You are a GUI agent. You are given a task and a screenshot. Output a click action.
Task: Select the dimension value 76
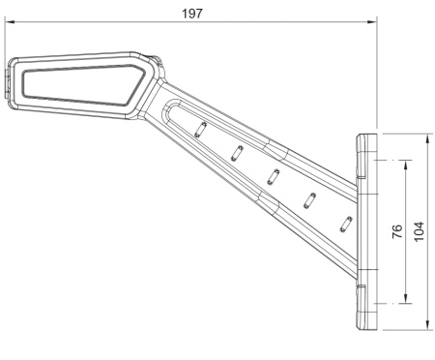(396, 232)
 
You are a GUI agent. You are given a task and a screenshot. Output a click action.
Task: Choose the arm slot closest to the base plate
(344, 223)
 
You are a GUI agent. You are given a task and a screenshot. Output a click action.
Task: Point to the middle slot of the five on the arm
(273, 177)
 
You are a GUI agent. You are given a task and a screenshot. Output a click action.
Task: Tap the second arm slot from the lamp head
(236, 153)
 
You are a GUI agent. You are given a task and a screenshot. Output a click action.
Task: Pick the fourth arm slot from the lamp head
(310, 200)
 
